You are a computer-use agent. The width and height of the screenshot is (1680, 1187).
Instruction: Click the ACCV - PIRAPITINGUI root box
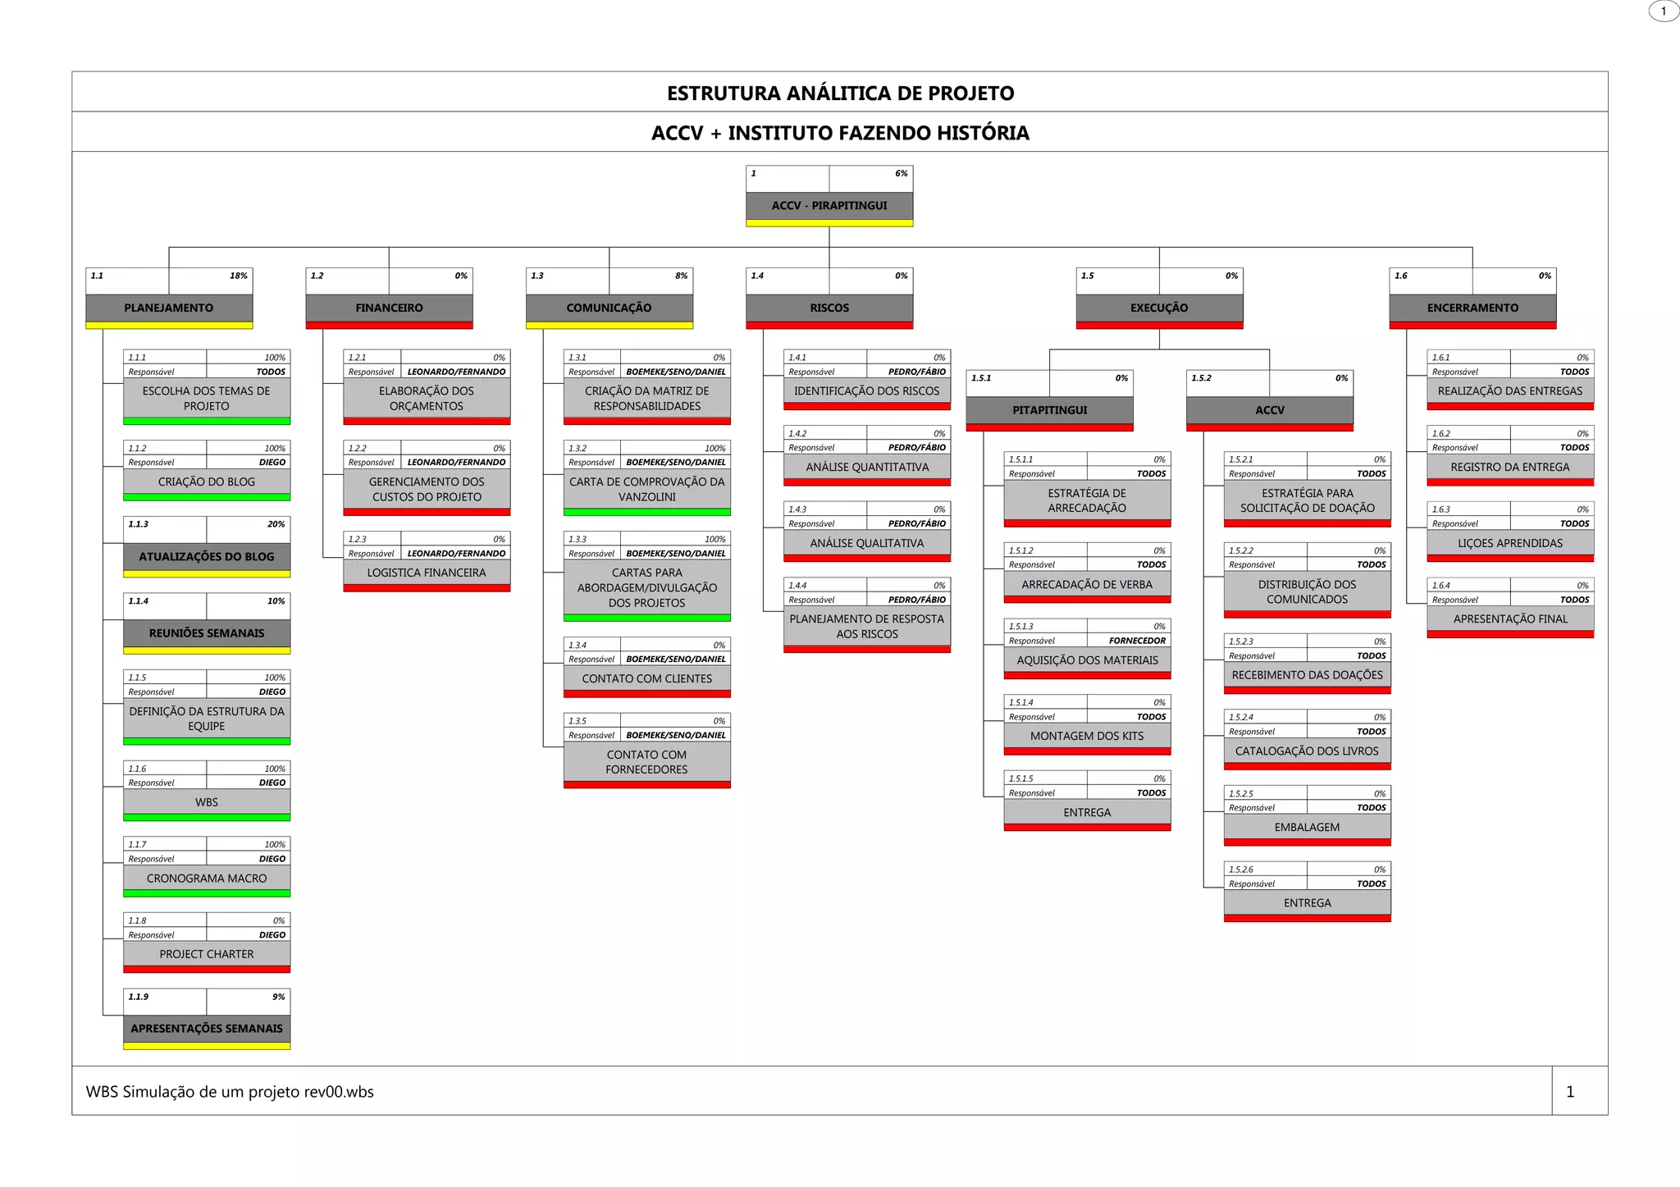coord(829,205)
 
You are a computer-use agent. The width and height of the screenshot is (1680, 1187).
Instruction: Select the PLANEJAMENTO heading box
coord(169,308)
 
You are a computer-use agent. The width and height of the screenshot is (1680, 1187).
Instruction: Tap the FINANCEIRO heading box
coord(389,308)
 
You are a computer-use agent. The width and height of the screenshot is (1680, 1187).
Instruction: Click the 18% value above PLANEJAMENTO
coord(238,276)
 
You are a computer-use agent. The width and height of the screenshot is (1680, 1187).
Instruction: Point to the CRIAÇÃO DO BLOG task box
coord(207,482)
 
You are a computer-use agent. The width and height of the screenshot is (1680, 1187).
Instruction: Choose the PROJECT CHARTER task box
coord(207,954)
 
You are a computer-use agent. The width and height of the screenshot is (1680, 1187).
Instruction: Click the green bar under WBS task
coord(207,817)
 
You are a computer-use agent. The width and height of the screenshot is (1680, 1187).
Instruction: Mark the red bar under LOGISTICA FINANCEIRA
coord(427,588)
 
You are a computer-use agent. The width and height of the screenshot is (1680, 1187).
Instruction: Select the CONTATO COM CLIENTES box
coord(646,678)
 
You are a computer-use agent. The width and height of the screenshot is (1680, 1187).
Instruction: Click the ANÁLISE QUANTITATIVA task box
coord(867,467)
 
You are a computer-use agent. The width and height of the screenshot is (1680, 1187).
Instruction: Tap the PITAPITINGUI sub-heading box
coord(1049,410)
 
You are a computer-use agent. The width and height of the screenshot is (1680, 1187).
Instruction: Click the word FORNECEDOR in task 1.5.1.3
coord(1137,641)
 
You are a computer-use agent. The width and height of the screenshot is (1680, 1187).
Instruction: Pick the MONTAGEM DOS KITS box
coord(1087,736)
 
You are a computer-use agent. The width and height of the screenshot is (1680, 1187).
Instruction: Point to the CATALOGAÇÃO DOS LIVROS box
coord(1307,751)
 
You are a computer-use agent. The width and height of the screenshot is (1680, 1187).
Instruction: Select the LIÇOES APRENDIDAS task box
coord(1510,543)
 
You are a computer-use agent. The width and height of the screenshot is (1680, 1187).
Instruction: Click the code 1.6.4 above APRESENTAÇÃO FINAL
coord(1441,586)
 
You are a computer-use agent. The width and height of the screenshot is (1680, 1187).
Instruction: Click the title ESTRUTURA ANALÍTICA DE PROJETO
coord(840,93)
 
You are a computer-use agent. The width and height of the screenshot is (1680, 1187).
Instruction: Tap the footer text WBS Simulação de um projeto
coord(230,1092)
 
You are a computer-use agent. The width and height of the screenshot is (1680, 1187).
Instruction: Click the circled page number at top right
coord(1664,11)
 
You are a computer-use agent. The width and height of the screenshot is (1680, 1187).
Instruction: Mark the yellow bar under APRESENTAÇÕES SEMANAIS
coord(207,1046)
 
